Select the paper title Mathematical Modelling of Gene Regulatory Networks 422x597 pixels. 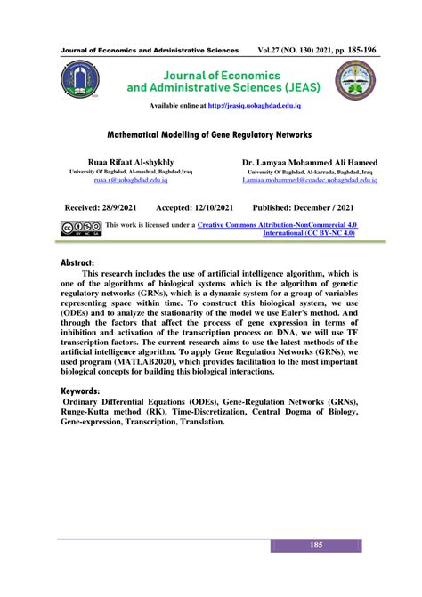point(210,134)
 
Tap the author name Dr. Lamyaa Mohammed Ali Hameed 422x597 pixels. point(297,163)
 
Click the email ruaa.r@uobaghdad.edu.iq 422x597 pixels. point(118,181)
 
